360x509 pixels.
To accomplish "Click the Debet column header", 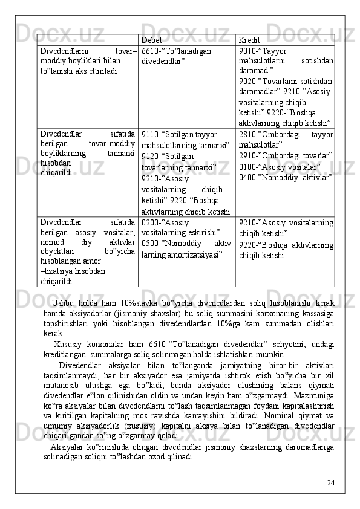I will pos(151,40).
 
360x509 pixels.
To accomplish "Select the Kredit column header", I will pos(249,40).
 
